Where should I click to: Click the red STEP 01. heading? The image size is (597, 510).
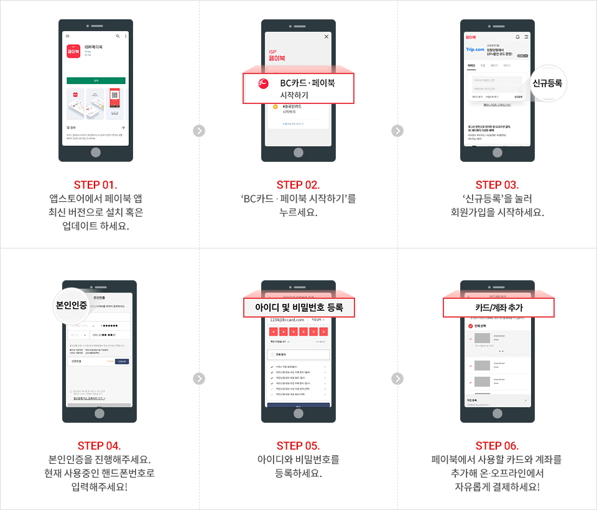[96, 184]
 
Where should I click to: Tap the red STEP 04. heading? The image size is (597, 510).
[99, 445]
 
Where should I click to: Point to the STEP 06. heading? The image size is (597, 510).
[497, 445]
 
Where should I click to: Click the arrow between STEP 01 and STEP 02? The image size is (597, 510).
[199, 131]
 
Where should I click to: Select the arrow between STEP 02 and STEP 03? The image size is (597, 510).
[398, 131]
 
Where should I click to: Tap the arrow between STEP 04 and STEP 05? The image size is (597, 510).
[199, 379]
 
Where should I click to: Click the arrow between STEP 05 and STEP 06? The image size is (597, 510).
[398, 379]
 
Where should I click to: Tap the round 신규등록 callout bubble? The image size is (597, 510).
[548, 82]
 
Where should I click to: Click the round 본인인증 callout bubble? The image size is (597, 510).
[71, 305]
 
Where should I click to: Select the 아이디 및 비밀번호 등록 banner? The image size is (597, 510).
[298, 308]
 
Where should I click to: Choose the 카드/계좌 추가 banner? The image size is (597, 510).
[498, 308]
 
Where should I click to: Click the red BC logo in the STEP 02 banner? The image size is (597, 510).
[263, 83]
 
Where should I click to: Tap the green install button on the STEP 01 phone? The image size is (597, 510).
[96, 81]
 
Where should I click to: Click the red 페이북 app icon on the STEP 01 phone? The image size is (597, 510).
[74, 52]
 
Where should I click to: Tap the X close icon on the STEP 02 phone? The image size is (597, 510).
[326, 37]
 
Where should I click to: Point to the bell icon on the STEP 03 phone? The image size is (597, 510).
[517, 37]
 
